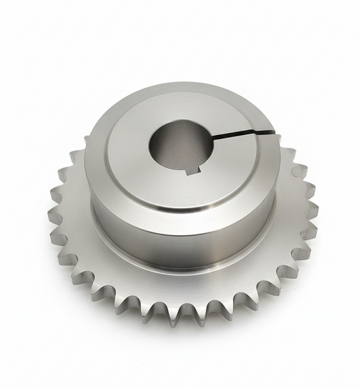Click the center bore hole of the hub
[181, 145]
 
